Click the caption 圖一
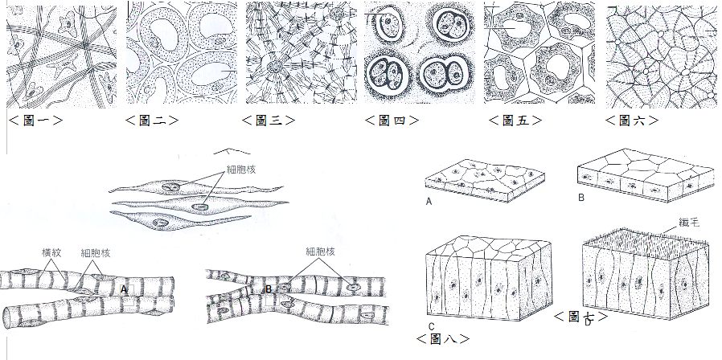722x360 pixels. click(x=35, y=121)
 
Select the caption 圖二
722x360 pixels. click(x=152, y=121)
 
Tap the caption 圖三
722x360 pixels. click(x=269, y=121)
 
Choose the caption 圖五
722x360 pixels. click(x=515, y=121)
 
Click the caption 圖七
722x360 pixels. click(x=580, y=317)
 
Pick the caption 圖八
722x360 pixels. click(x=442, y=338)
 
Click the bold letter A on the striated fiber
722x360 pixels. click(x=123, y=288)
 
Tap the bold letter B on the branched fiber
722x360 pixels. click(x=269, y=289)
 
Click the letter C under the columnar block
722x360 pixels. click(x=432, y=325)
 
